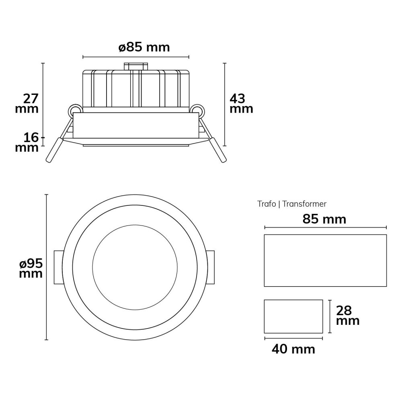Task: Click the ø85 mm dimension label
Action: [144, 48]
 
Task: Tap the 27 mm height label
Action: [27, 104]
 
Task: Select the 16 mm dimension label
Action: [27, 143]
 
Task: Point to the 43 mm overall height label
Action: [241, 104]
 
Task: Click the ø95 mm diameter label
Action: [31, 269]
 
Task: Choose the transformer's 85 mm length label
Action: [324, 219]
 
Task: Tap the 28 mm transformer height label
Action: [348, 316]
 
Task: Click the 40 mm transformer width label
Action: [293, 349]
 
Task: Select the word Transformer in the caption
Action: [304, 204]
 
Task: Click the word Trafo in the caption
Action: [267, 204]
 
